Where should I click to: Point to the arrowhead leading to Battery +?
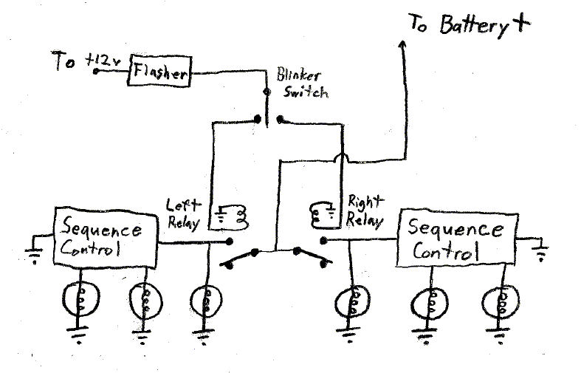tap(403, 46)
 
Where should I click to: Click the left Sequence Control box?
tap(107, 237)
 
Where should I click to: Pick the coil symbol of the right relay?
tap(320, 212)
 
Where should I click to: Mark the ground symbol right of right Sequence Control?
tap(541, 252)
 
